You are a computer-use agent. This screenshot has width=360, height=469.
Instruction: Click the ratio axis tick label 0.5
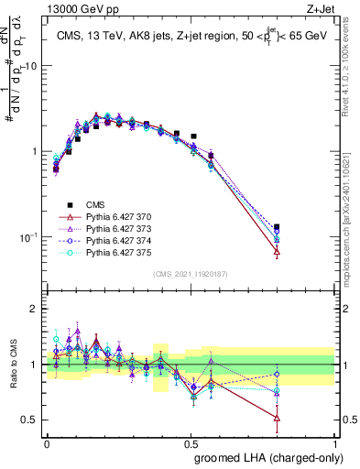[27, 420]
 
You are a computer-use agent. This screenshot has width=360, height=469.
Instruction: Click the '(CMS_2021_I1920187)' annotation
[190, 273]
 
